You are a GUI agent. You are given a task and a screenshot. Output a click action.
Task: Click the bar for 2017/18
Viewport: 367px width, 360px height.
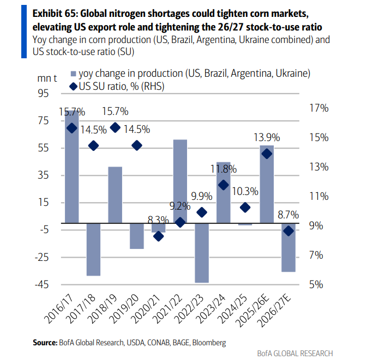coord(93,249)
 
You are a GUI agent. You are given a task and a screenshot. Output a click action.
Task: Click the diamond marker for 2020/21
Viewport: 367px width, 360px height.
coord(158,236)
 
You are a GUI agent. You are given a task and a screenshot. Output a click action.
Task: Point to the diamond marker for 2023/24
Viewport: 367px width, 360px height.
coord(224,185)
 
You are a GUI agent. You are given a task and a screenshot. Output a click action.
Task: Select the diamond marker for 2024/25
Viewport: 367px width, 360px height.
coord(245,208)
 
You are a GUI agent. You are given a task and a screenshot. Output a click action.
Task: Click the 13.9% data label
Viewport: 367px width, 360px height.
coord(267,138)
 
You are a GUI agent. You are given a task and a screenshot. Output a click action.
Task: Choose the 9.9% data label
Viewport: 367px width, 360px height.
coord(202,196)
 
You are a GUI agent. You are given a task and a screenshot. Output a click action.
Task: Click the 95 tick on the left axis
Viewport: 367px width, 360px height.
coord(42,94)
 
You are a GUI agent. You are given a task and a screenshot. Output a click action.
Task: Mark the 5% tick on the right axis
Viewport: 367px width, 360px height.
coord(323,284)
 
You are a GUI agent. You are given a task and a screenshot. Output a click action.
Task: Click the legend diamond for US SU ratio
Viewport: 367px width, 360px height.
coord(73,87)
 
